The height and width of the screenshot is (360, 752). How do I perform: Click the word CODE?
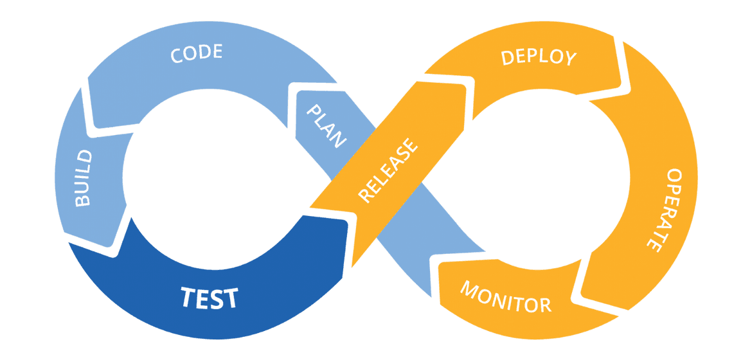[197, 53]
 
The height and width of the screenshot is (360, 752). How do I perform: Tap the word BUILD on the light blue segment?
[84, 178]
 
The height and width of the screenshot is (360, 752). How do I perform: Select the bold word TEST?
[209, 298]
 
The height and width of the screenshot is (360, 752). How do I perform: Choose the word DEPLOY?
[539, 57]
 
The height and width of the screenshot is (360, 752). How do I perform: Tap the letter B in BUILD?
[84, 200]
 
